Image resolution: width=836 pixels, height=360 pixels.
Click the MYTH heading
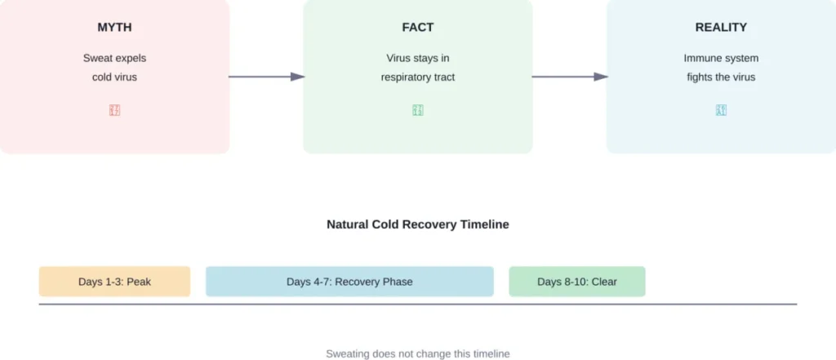114,28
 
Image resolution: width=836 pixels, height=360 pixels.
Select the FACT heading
417,28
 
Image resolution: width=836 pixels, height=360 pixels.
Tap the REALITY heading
720,28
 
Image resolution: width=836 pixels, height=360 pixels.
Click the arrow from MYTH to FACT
265,77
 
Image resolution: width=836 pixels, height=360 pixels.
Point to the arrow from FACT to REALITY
569,77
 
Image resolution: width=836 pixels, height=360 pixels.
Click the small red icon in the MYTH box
114,110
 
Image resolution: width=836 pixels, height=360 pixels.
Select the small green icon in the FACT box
417,110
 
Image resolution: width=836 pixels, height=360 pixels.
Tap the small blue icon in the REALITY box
720,110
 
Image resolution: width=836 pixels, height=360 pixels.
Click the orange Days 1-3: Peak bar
114,282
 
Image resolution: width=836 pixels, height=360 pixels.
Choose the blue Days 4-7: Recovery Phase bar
349,282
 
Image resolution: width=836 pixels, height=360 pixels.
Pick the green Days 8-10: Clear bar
576,282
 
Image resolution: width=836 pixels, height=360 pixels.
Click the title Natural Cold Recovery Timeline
417,224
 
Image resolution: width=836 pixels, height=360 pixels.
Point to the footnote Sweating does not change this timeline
417,353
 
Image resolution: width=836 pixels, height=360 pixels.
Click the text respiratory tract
417,78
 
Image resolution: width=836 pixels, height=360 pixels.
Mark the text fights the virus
720,78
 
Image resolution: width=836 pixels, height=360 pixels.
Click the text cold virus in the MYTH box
114,78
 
